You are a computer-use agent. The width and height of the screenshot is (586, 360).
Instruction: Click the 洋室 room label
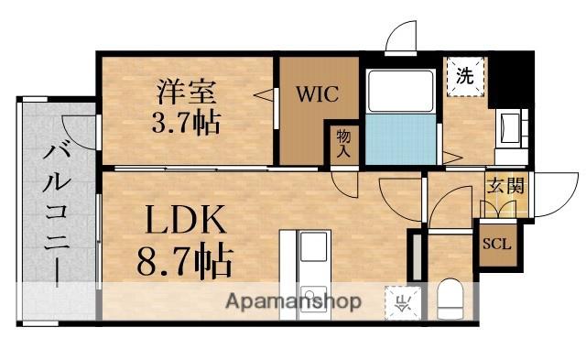tap(188, 91)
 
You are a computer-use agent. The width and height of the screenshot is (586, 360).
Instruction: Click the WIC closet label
tap(317, 93)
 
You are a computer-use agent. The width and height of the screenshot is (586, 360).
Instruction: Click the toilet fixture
tap(450, 299)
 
